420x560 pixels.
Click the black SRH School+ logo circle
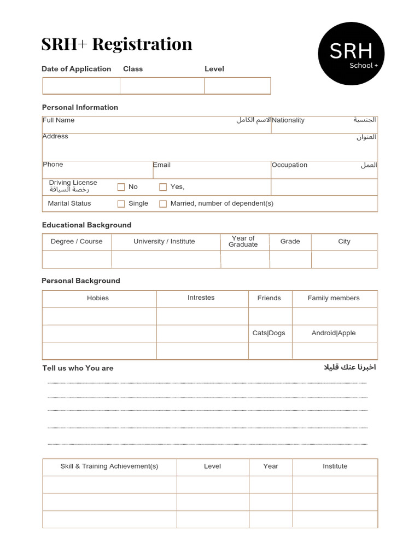click(351, 54)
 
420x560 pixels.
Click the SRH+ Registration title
click(116, 44)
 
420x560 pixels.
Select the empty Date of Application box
click(81, 86)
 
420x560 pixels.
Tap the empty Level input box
click(237, 86)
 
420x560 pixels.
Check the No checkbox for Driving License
click(121, 187)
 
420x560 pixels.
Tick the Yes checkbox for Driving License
click(163, 187)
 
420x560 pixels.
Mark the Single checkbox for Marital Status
click(121, 204)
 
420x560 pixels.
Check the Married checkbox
click(163, 204)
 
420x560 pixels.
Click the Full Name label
click(59, 120)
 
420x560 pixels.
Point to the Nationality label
click(288, 120)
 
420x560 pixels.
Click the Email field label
click(162, 165)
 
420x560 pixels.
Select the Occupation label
click(289, 165)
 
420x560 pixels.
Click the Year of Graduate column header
click(243, 242)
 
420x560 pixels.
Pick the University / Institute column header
click(164, 242)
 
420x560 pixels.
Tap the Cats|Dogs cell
click(269, 333)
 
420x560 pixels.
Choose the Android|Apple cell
click(334, 333)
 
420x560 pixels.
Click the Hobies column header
click(98, 298)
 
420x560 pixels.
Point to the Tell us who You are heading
click(78, 368)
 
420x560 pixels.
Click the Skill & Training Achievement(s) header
click(109, 466)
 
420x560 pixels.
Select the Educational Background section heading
click(86, 225)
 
